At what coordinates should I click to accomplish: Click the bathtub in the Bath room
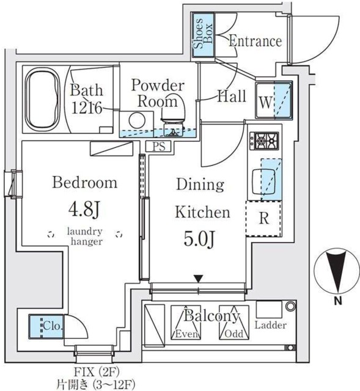tap(43, 99)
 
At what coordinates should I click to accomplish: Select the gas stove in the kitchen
tap(264, 141)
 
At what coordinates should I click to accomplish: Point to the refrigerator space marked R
tap(264, 219)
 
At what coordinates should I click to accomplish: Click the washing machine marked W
tap(274, 100)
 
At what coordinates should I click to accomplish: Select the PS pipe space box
tap(159, 146)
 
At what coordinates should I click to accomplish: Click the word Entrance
tap(255, 41)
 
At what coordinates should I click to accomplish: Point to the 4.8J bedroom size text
tap(84, 209)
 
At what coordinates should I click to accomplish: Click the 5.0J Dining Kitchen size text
tap(199, 239)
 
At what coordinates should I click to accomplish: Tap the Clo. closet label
tap(52, 326)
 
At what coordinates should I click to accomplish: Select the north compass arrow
tap(336, 271)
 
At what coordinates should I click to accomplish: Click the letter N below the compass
tap(338, 301)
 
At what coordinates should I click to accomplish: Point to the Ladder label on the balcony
tap(270, 325)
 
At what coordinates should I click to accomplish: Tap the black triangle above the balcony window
tap(199, 279)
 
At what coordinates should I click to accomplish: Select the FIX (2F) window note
tap(97, 372)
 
